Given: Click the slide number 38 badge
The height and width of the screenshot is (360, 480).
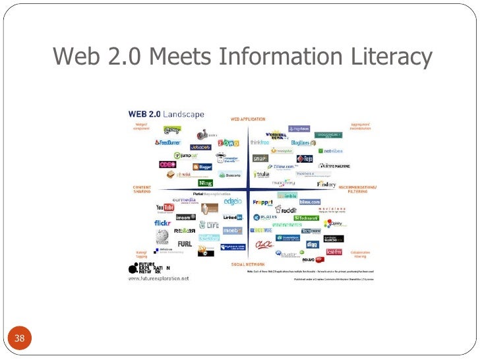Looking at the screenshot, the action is coord(19,339).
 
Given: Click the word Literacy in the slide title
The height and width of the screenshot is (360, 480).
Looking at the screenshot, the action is coord(390,57).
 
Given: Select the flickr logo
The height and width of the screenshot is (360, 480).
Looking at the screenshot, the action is coord(163,223).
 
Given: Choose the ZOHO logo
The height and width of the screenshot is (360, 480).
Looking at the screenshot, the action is coord(228,142).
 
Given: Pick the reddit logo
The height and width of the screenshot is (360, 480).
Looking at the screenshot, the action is coord(289,211).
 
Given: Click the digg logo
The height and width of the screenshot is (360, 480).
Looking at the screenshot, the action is coord(313,243).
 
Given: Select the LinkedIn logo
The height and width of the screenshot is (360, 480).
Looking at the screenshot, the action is coord(233,217).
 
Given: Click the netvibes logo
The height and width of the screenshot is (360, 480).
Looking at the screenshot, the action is coord(332,150).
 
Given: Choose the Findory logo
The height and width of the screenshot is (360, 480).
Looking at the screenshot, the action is coord(326,184).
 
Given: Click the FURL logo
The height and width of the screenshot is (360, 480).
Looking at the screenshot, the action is coord(185,243).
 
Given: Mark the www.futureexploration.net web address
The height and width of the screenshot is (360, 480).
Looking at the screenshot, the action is coord(158,278).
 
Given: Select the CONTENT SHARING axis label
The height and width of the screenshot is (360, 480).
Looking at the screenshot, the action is coord(142,189).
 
